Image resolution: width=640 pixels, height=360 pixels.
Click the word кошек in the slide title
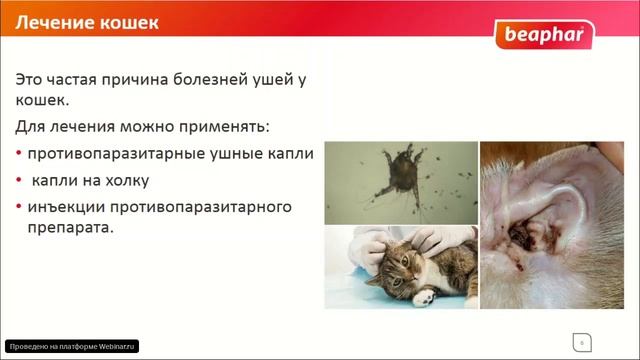[127, 22]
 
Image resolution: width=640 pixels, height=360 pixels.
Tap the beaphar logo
[544, 38]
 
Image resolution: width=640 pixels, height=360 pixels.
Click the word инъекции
[67, 207]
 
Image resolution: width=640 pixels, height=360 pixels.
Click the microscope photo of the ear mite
[400, 181]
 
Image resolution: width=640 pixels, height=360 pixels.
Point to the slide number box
[579, 342]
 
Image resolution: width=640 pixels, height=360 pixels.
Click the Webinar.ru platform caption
[70, 346]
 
